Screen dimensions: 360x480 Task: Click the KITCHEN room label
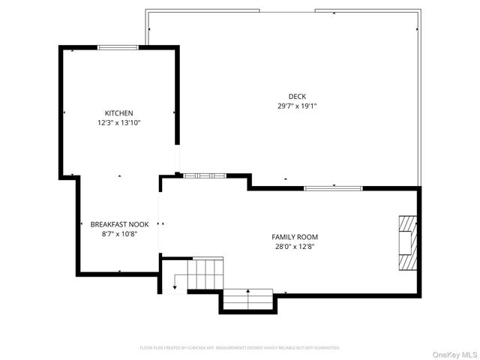pos(119,113)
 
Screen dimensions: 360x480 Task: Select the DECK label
pos(297,96)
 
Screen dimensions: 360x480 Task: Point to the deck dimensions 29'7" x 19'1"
pos(297,106)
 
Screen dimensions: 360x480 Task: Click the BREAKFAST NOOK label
pos(119,224)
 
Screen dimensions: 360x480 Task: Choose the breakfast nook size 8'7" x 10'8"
pos(119,234)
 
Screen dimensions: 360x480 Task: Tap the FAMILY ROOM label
pos(289,237)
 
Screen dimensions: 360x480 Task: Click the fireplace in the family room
pos(406,241)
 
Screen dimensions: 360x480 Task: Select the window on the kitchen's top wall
pos(118,47)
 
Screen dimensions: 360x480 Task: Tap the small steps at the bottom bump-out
pos(248,298)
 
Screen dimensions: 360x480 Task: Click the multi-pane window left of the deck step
pos(205,175)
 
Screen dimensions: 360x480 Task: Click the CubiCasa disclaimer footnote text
pos(240,348)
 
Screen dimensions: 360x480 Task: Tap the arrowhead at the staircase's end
pos(175,286)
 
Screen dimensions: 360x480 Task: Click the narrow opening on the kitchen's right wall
pos(178,159)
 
